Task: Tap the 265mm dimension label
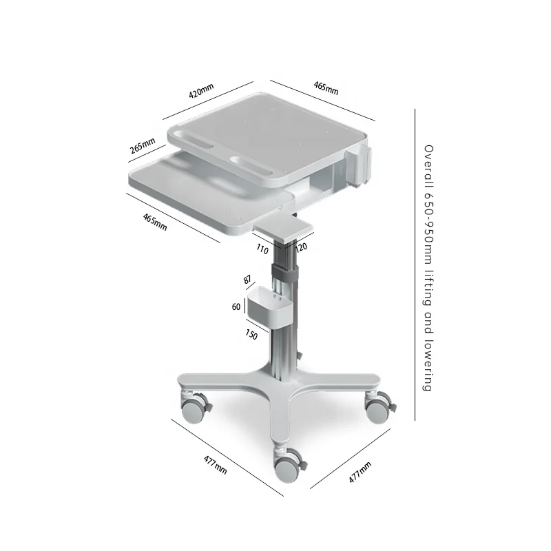142,146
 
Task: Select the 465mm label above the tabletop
326,87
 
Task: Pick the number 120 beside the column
300,247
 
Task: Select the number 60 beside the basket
236,306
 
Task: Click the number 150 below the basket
251,335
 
